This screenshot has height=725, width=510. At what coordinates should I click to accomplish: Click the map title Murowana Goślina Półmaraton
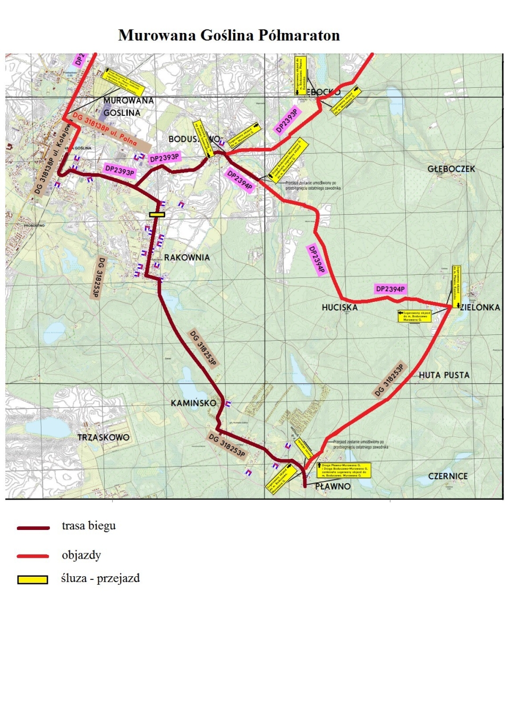[x=229, y=36]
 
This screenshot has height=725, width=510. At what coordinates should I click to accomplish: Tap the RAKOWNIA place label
[x=186, y=258]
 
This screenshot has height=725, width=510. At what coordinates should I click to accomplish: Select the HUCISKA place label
[x=339, y=308]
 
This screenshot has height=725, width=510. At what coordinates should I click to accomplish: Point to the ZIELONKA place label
[x=480, y=308]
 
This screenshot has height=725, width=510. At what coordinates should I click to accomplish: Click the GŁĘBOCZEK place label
[x=451, y=169]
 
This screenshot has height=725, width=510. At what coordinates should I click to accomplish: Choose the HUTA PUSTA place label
[x=444, y=375]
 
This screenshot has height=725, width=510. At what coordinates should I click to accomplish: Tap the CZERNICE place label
[x=448, y=476]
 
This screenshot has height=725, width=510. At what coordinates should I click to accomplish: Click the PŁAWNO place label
[x=333, y=486]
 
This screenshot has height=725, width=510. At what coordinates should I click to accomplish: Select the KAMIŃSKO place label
[x=193, y=403]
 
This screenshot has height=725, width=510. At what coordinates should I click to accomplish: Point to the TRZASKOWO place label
[x=104, y=437]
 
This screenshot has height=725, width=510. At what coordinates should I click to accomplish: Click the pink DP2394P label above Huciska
[x=390, y=289]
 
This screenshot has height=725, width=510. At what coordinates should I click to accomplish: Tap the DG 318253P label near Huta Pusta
[x=389, y=380]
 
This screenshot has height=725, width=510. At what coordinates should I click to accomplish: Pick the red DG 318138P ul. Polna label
[x=105, y=129]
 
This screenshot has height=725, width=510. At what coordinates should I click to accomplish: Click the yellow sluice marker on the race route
[x=157, y=215]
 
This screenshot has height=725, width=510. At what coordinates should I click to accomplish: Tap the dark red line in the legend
[x=33, y=528]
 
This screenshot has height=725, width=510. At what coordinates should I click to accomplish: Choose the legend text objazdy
[x=81, y=555]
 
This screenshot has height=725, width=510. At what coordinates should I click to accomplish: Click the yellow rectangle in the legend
[x=32, y=579]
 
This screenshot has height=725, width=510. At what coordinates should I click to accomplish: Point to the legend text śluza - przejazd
[x=100, y=578]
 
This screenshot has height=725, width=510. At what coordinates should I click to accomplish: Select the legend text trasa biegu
[x=89, y=526]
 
